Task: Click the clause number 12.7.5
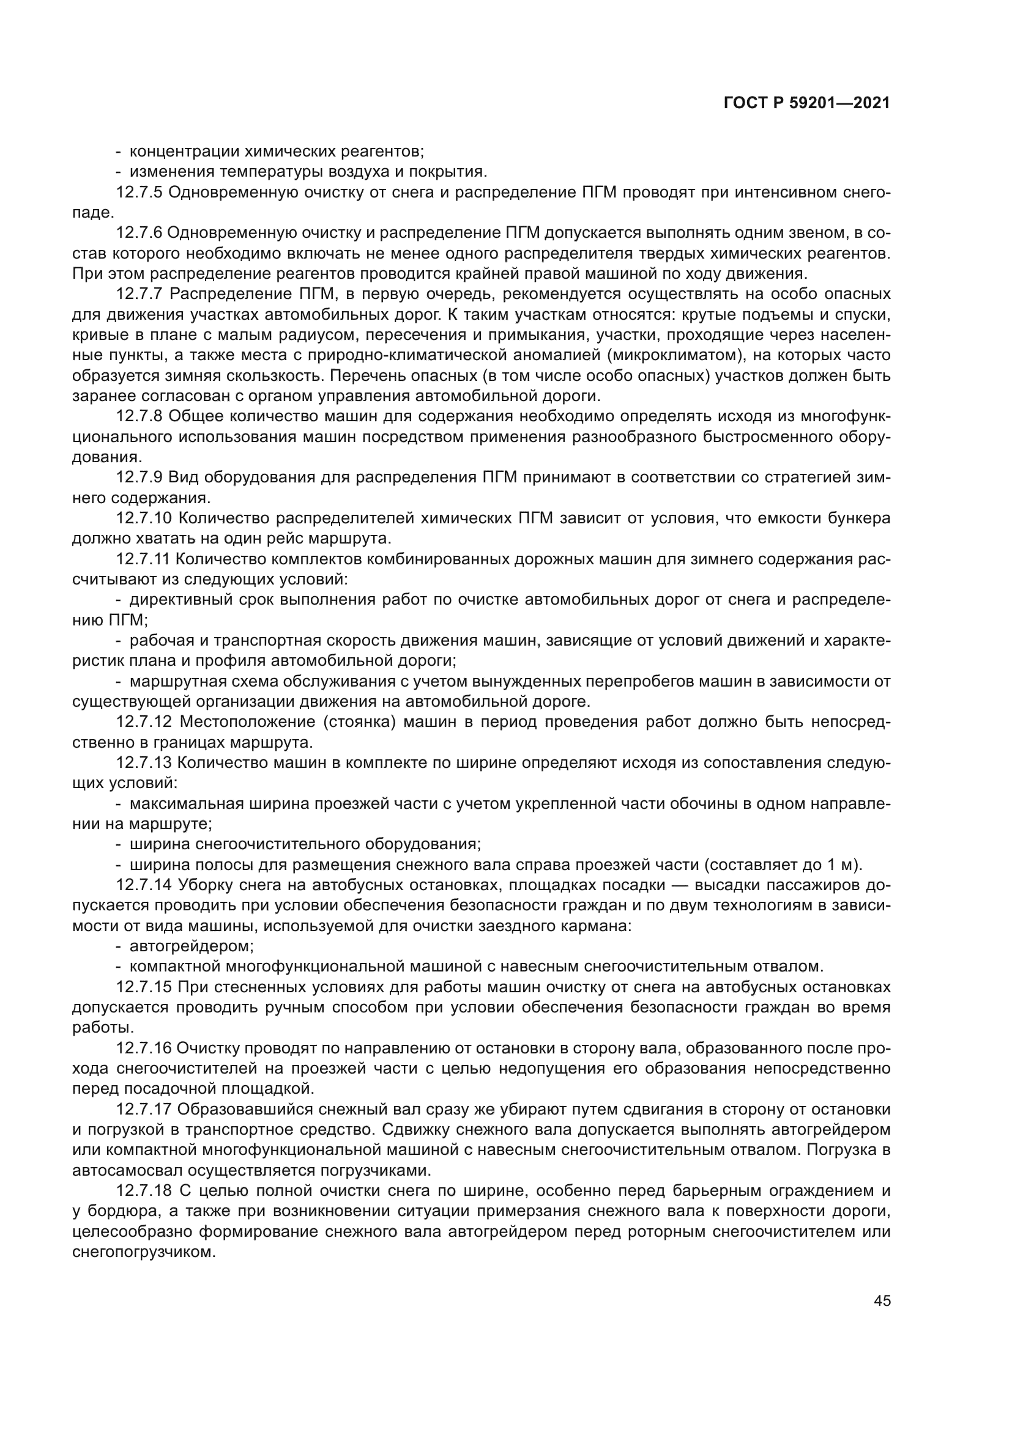(139, 193)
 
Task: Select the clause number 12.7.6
(139, 233)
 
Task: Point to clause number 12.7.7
(139, 294)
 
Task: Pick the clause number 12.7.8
(139, 416)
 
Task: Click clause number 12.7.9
(139, 477)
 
